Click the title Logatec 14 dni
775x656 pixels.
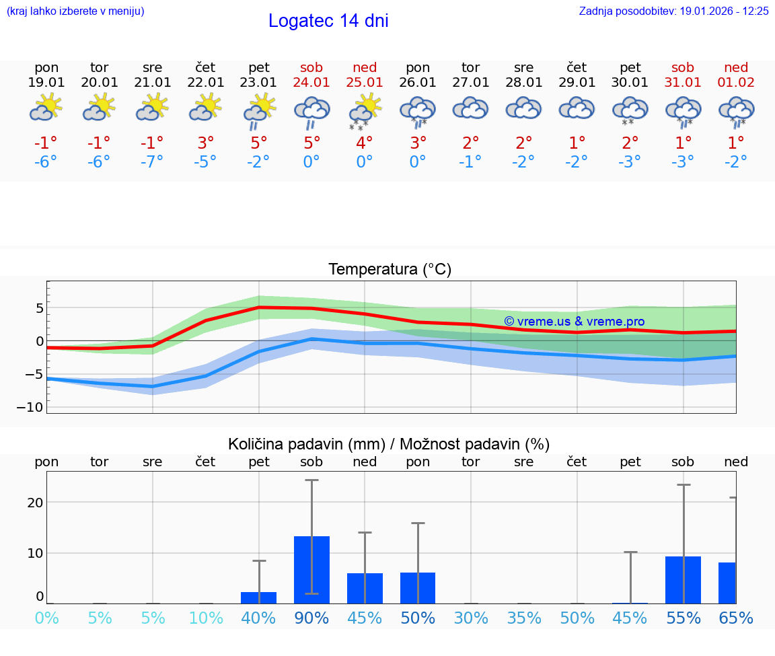click(328, 22)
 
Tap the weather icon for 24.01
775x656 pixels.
click(311, 112)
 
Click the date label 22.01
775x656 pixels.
click(206, 83)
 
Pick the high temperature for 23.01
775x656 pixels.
click(259, 143)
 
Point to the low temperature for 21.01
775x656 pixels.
click(153, 162)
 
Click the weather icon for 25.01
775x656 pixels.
click(365, 111)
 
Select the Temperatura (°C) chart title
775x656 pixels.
click(390, 270)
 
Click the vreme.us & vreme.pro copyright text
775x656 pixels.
click(574, 322)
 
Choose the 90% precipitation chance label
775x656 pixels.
click(311, 618)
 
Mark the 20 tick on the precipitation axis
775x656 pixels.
click(35, 503)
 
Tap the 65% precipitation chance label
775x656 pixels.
click(736, 618)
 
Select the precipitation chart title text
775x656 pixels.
click(389, 444)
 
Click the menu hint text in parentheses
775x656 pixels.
click(75, 11)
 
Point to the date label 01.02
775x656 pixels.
click(736, 83)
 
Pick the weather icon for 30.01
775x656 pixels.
click(630, 111)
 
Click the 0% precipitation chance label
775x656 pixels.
click(46, 618)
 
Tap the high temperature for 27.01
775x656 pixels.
click(471, 143)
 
